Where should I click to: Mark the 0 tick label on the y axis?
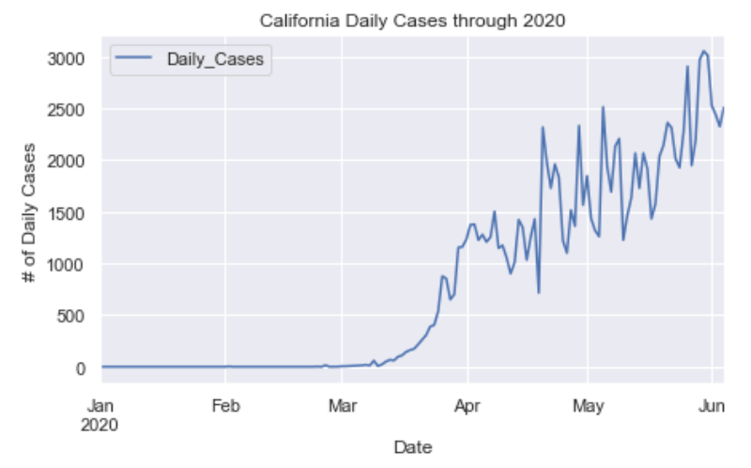tap(83, 368)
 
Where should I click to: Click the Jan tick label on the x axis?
tap(101, 408)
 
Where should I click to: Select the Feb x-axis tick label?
tap(225, 408)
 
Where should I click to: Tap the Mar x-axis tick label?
tap(342, 408)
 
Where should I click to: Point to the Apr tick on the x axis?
tap(466, 408)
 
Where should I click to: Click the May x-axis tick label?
tap(587, 408)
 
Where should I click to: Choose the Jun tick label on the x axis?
tap(711, 408)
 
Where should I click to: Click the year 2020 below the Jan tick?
tap(101, 425)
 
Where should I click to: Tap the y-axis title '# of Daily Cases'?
tap(32, 213)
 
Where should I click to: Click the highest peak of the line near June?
tap(703, 52)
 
